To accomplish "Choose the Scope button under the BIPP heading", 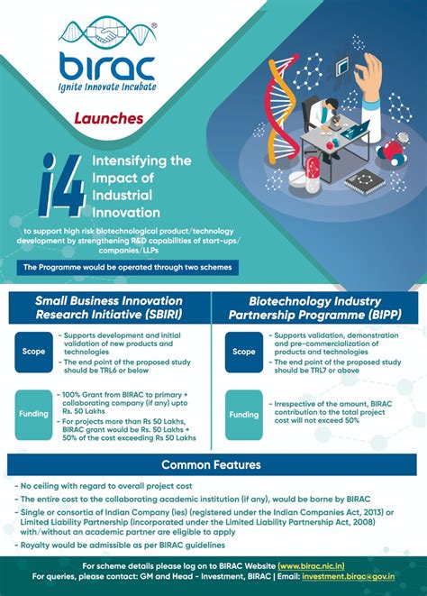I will click(243, 352).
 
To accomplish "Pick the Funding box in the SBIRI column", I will click(34, 415).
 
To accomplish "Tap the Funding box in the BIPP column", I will click(243, 415).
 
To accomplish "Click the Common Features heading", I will click(212, 465).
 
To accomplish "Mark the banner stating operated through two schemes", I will click(127, 268).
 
